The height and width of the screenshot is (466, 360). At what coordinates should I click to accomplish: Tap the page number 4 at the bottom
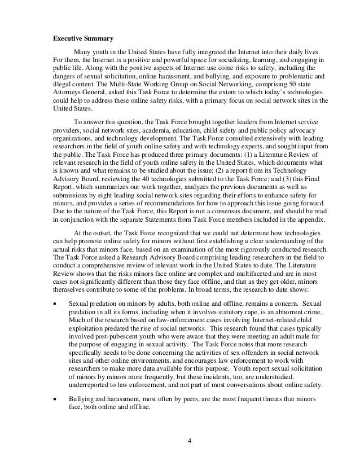[x=190, y=440]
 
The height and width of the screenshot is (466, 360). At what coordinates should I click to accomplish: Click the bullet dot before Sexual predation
[x=54, y=304]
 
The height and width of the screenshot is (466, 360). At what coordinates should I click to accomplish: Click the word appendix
[x=297, y=206]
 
